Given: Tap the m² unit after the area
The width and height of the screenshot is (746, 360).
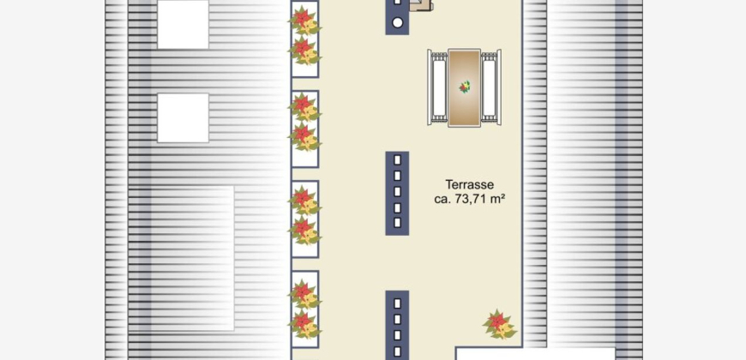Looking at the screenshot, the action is (498, 199).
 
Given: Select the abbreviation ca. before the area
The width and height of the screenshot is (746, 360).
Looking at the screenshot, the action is (442, 200).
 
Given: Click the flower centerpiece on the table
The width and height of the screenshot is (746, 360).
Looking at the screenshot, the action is (465, 87).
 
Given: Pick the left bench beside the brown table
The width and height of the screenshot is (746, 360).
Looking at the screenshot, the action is (437, 87).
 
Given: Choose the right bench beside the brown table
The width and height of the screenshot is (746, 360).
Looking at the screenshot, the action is (491, 87).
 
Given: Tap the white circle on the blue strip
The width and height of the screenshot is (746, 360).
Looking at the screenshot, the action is (397, 22).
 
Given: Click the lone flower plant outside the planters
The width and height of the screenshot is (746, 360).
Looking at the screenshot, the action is (499, 324).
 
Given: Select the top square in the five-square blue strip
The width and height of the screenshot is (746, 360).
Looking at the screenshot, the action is (397, 160).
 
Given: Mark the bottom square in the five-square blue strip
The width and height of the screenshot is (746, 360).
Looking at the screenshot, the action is (397, 222).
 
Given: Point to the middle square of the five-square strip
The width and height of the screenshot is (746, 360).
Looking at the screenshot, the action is (397, 191).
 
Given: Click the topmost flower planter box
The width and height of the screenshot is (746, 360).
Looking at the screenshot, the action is (304, 39).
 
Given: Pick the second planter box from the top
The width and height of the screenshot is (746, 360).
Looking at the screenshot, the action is (304, 129).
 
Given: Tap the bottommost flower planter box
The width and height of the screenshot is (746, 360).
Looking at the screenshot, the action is (304, 309).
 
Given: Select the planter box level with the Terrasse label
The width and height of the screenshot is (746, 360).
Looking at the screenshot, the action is (304, 219).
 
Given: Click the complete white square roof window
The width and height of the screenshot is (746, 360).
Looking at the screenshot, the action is (183, 118).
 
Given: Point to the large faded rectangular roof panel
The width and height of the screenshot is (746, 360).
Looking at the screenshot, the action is (181, 258).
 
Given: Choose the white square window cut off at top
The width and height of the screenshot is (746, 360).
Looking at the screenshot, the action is (183, 24).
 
